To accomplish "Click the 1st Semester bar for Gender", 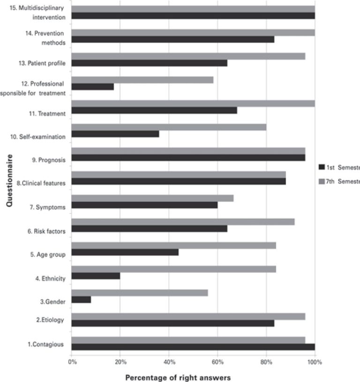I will (81, 299).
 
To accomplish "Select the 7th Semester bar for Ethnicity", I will (173, 269).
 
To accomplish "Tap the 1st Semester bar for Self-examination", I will (115, 134).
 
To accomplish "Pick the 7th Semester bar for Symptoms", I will (152, 198).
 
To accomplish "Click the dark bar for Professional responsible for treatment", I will (93, 87).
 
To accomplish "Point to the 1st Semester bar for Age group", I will (125, 252).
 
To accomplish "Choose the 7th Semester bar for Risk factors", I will (183, 222).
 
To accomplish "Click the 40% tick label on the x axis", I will (169, 362).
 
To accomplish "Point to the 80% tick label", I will (266, 362).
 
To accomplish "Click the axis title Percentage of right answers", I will (178, 377).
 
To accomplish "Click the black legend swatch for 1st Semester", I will (321, 167).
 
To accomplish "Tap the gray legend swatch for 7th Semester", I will (321, 181).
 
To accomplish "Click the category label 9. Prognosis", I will (48, 160).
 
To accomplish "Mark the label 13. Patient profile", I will (45, 63).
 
